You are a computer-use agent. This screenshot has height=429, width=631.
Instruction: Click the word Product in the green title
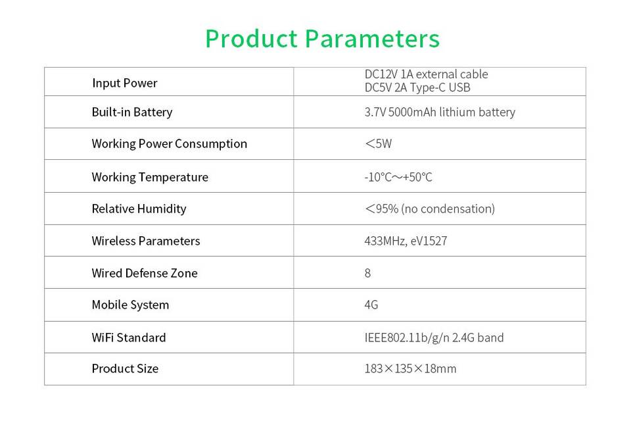[252, 39]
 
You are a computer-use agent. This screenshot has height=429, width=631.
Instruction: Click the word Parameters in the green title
[372, 39]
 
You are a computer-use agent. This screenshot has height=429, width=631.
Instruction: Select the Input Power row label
[124, 83]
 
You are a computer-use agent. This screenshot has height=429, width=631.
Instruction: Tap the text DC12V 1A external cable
[426, 74]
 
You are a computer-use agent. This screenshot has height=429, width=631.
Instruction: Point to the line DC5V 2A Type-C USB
[417, 88]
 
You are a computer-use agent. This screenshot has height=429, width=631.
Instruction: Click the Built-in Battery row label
[132, 112]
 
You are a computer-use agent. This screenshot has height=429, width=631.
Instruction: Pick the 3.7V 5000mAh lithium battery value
[440, 112]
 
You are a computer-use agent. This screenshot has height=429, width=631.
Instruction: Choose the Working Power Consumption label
[170, 144]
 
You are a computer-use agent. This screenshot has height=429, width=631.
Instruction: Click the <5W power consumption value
[379, 144]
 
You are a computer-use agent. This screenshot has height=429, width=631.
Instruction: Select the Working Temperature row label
[150, 177]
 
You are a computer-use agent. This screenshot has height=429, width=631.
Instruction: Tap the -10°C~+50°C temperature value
[398, 177]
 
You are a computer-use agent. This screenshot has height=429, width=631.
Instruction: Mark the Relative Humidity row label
[139, 209]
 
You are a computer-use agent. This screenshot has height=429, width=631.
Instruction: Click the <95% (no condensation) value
[430, 209]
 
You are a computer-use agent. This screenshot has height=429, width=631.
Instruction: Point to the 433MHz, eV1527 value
[406, 241]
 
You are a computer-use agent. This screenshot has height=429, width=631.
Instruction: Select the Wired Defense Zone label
[145, 273]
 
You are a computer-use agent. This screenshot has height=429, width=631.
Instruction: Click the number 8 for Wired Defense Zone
[367, 273]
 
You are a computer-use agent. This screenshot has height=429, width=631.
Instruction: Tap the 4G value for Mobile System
[371, 305]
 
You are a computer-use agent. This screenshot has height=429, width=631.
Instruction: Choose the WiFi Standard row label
[129, 338]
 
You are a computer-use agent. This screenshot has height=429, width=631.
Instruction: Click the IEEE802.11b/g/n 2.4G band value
[434, 338]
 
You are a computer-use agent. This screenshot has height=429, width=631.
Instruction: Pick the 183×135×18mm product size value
[410, 368]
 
